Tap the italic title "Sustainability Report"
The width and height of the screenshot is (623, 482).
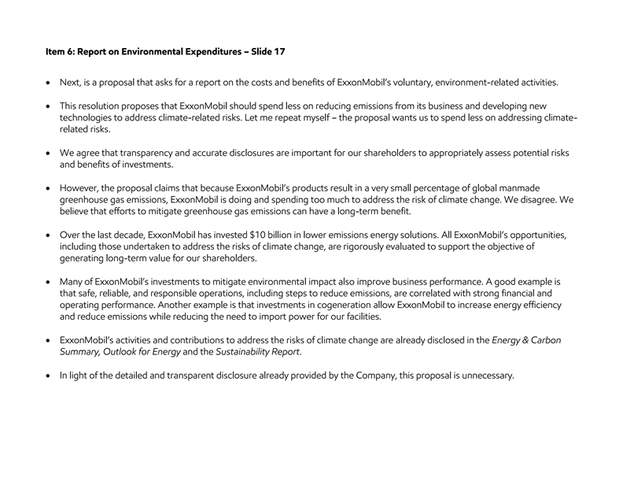coord(261,351)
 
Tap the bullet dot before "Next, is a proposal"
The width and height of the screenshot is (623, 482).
coord(50,83)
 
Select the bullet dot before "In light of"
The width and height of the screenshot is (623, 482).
coord(50,376)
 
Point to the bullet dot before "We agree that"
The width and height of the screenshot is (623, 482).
coord(50,153)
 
